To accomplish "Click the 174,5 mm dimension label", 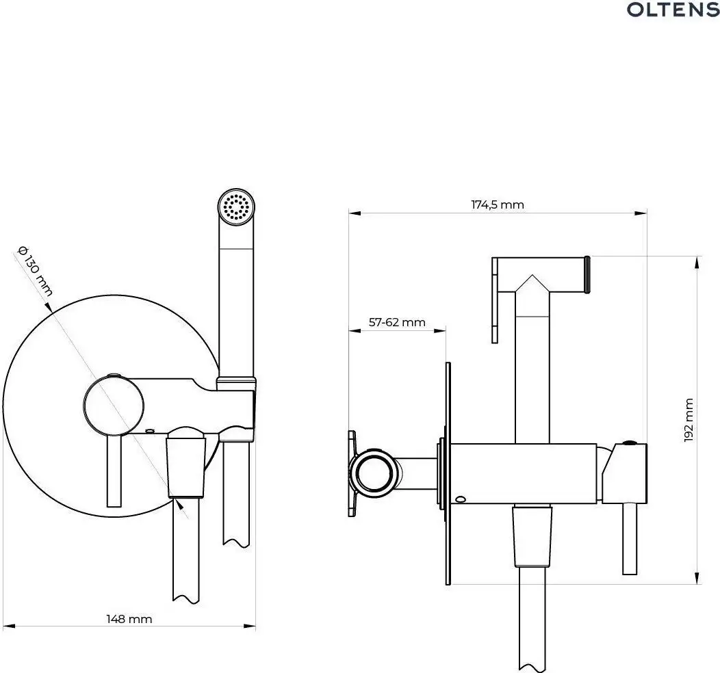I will coord(498,204).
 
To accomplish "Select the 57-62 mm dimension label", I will coord(397,322).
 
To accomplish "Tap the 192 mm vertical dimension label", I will coord(689,420).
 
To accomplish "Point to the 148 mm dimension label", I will coord(129,618).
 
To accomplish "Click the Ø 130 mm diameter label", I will coord(34,270).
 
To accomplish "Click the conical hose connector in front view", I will coord(186,465).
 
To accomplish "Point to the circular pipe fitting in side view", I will coord(373,471).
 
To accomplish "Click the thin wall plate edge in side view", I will coord(448,472).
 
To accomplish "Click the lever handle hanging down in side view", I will coord(630,537).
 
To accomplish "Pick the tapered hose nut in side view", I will coord(532,536).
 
